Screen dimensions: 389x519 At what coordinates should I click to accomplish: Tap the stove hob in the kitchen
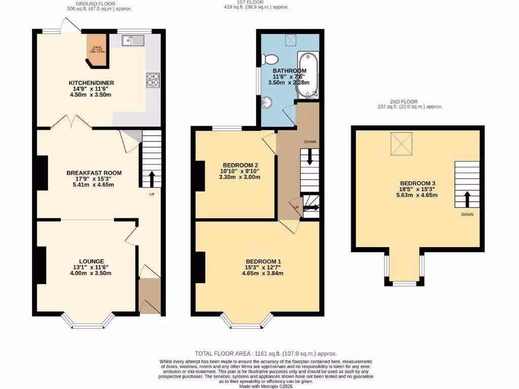[x=153, y=80]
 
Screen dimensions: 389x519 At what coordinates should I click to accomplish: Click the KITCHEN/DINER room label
[x=91, y=83]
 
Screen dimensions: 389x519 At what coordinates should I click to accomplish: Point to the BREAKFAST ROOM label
[x=94, y=173]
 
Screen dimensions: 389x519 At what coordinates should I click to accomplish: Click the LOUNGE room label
[x=91, y=261]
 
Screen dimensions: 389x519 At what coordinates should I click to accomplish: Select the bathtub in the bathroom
[x=307, y=74]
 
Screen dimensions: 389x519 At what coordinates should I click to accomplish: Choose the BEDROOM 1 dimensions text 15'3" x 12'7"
[x=262, y=267]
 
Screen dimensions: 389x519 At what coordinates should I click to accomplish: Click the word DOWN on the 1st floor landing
[x=310, y=142]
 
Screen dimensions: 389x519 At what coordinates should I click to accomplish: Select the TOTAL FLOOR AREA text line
[x=266, y=354]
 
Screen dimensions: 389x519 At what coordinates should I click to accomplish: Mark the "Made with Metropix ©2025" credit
[x=266, y=386]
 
